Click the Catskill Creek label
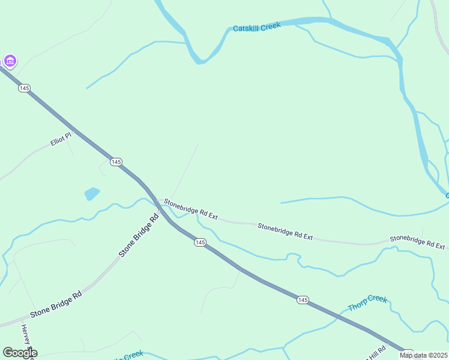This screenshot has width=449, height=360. tap(256, 27)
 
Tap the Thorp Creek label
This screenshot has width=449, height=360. tap(367, 303)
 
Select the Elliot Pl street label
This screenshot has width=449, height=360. tap(60, 142)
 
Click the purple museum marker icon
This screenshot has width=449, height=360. tap(10, 61)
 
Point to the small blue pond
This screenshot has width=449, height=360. tap(92, 193)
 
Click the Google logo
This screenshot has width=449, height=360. tap(20, 353)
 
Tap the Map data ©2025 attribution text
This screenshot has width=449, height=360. tap(424, 355)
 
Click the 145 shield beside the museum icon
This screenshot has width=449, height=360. tap(24, 88)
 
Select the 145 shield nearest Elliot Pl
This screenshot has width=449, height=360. tap(116, 162)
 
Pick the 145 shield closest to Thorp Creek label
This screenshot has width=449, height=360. tap(303, 299)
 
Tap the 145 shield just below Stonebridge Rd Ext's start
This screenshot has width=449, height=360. tap(200, 242)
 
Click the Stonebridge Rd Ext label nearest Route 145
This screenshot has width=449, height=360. tap(191, 209)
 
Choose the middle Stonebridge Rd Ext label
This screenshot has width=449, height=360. tap(285, 232)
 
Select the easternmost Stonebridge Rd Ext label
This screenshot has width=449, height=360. tap(417, 242)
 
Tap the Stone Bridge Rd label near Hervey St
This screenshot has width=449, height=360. tap(56, 304)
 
